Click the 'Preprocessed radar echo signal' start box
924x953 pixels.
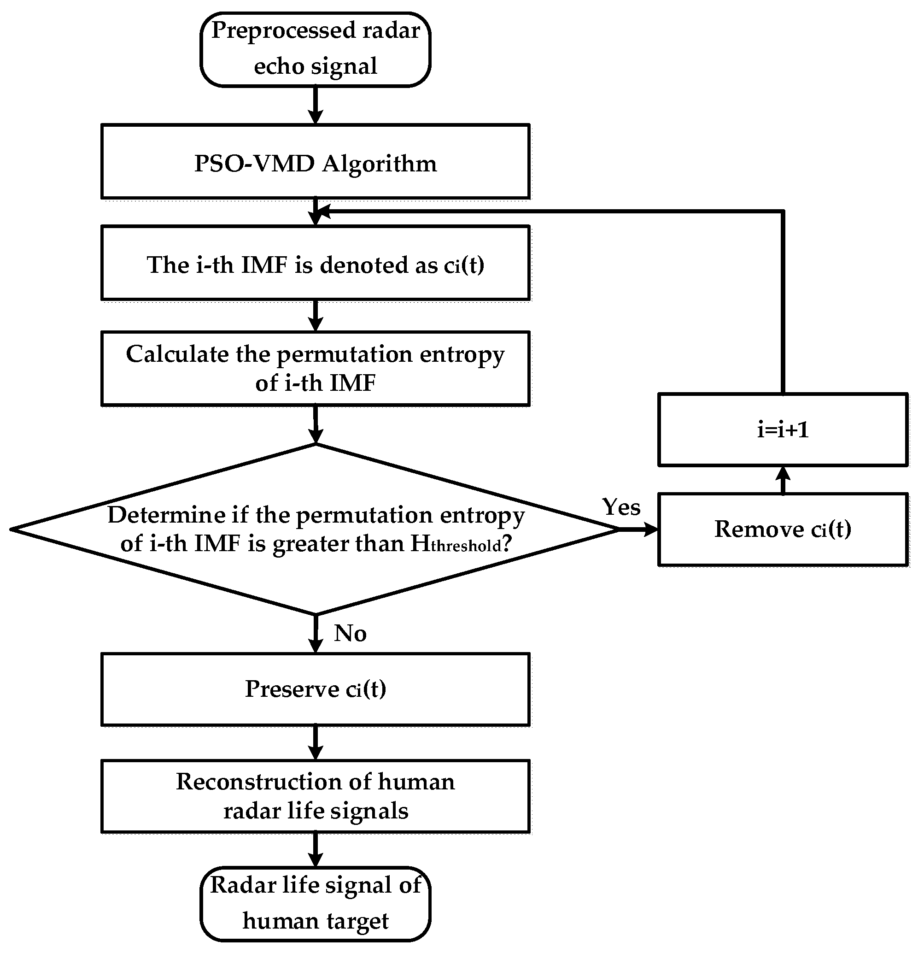point(316,49)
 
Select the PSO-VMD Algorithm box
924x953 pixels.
point(316,162)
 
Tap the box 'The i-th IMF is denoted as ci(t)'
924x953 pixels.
point(316,263)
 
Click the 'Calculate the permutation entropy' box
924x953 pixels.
point(316,369)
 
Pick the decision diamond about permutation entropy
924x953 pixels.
point(316,529)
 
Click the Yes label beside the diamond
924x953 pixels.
point(621,507)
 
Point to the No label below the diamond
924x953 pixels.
point(350,634)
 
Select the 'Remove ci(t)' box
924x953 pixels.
point(783,529)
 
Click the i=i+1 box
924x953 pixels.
point(783,430)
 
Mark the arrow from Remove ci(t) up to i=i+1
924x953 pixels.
point(783,480)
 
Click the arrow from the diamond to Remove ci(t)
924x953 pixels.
point(639,529)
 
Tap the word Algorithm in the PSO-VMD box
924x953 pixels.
point(379,164)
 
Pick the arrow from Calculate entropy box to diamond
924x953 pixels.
point(316,424)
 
